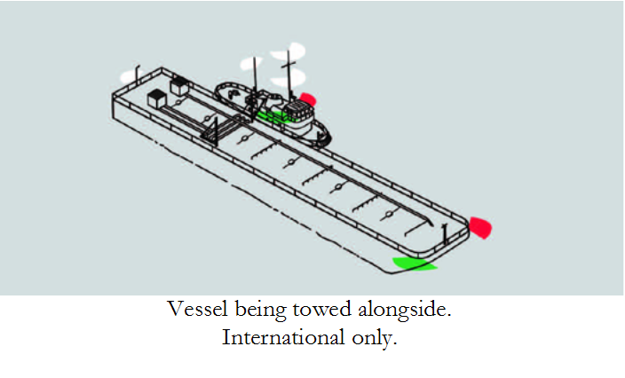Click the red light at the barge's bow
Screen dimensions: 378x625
coord(479,227)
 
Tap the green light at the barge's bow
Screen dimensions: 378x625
coord(413,263)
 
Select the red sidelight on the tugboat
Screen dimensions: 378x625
coord(308,98)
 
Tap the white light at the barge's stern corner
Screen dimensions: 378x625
coord(138,68)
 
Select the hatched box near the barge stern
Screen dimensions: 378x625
coord(179,86)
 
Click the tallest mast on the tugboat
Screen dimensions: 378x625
coord(287,71)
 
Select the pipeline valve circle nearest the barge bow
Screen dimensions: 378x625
coord(387,215)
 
